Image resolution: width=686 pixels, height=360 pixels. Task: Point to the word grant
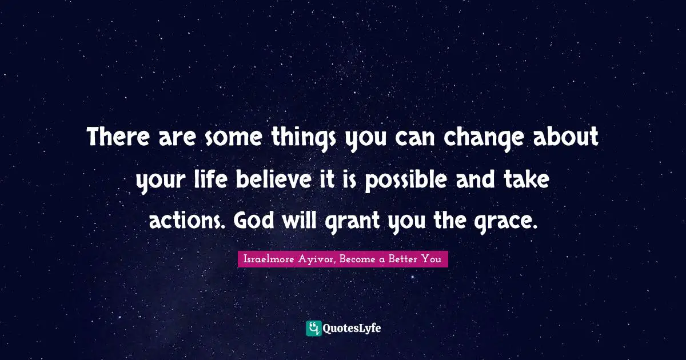pyautogui.click(x=348, y=220)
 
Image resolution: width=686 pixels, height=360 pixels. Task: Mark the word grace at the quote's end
pyautogui.click(x=510, y=220)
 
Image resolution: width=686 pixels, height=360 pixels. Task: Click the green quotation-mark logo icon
pyautogui.click(x=314, y=328)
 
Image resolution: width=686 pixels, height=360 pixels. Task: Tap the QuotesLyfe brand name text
pyautogui.click(x=352, y=329)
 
